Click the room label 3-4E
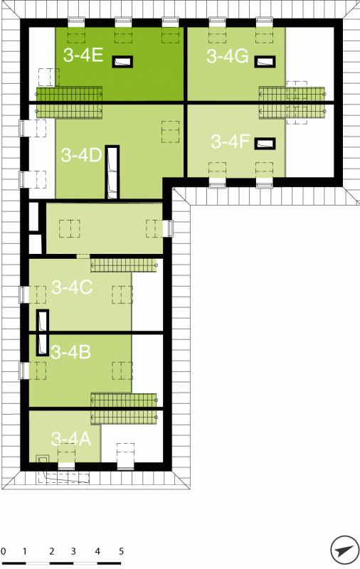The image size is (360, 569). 83,55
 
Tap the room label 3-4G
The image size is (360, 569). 228,56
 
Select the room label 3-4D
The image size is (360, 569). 81,155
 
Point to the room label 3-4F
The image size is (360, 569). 231,142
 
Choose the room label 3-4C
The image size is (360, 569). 72,287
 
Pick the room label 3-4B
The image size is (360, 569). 70,351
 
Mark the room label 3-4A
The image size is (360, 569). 70,439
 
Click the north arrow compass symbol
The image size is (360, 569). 344,550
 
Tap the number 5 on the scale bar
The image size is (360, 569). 121,552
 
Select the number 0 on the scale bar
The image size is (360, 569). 4,552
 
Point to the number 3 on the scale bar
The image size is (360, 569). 73,552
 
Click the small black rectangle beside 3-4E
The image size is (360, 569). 122,62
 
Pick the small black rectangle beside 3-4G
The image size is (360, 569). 265,62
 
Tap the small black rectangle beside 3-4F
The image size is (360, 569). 265,144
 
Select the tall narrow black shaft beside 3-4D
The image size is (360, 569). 112,172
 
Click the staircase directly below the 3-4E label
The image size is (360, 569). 69,94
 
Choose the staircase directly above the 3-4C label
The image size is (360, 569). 123,265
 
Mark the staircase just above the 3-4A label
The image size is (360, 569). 123,418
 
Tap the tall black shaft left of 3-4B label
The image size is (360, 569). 43,333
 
